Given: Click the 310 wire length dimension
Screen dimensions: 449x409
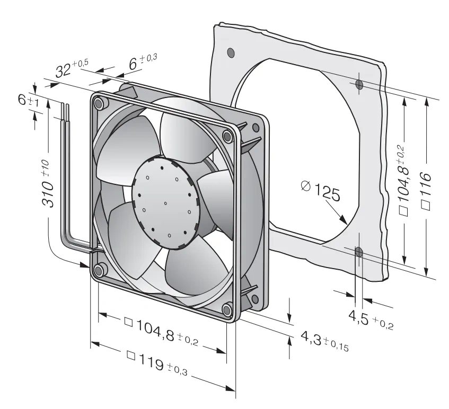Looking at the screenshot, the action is tap(48, 184).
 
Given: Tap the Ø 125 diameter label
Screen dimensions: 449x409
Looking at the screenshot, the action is tap(321, 191).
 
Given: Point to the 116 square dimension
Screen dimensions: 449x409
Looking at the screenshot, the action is tap(426, 191).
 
